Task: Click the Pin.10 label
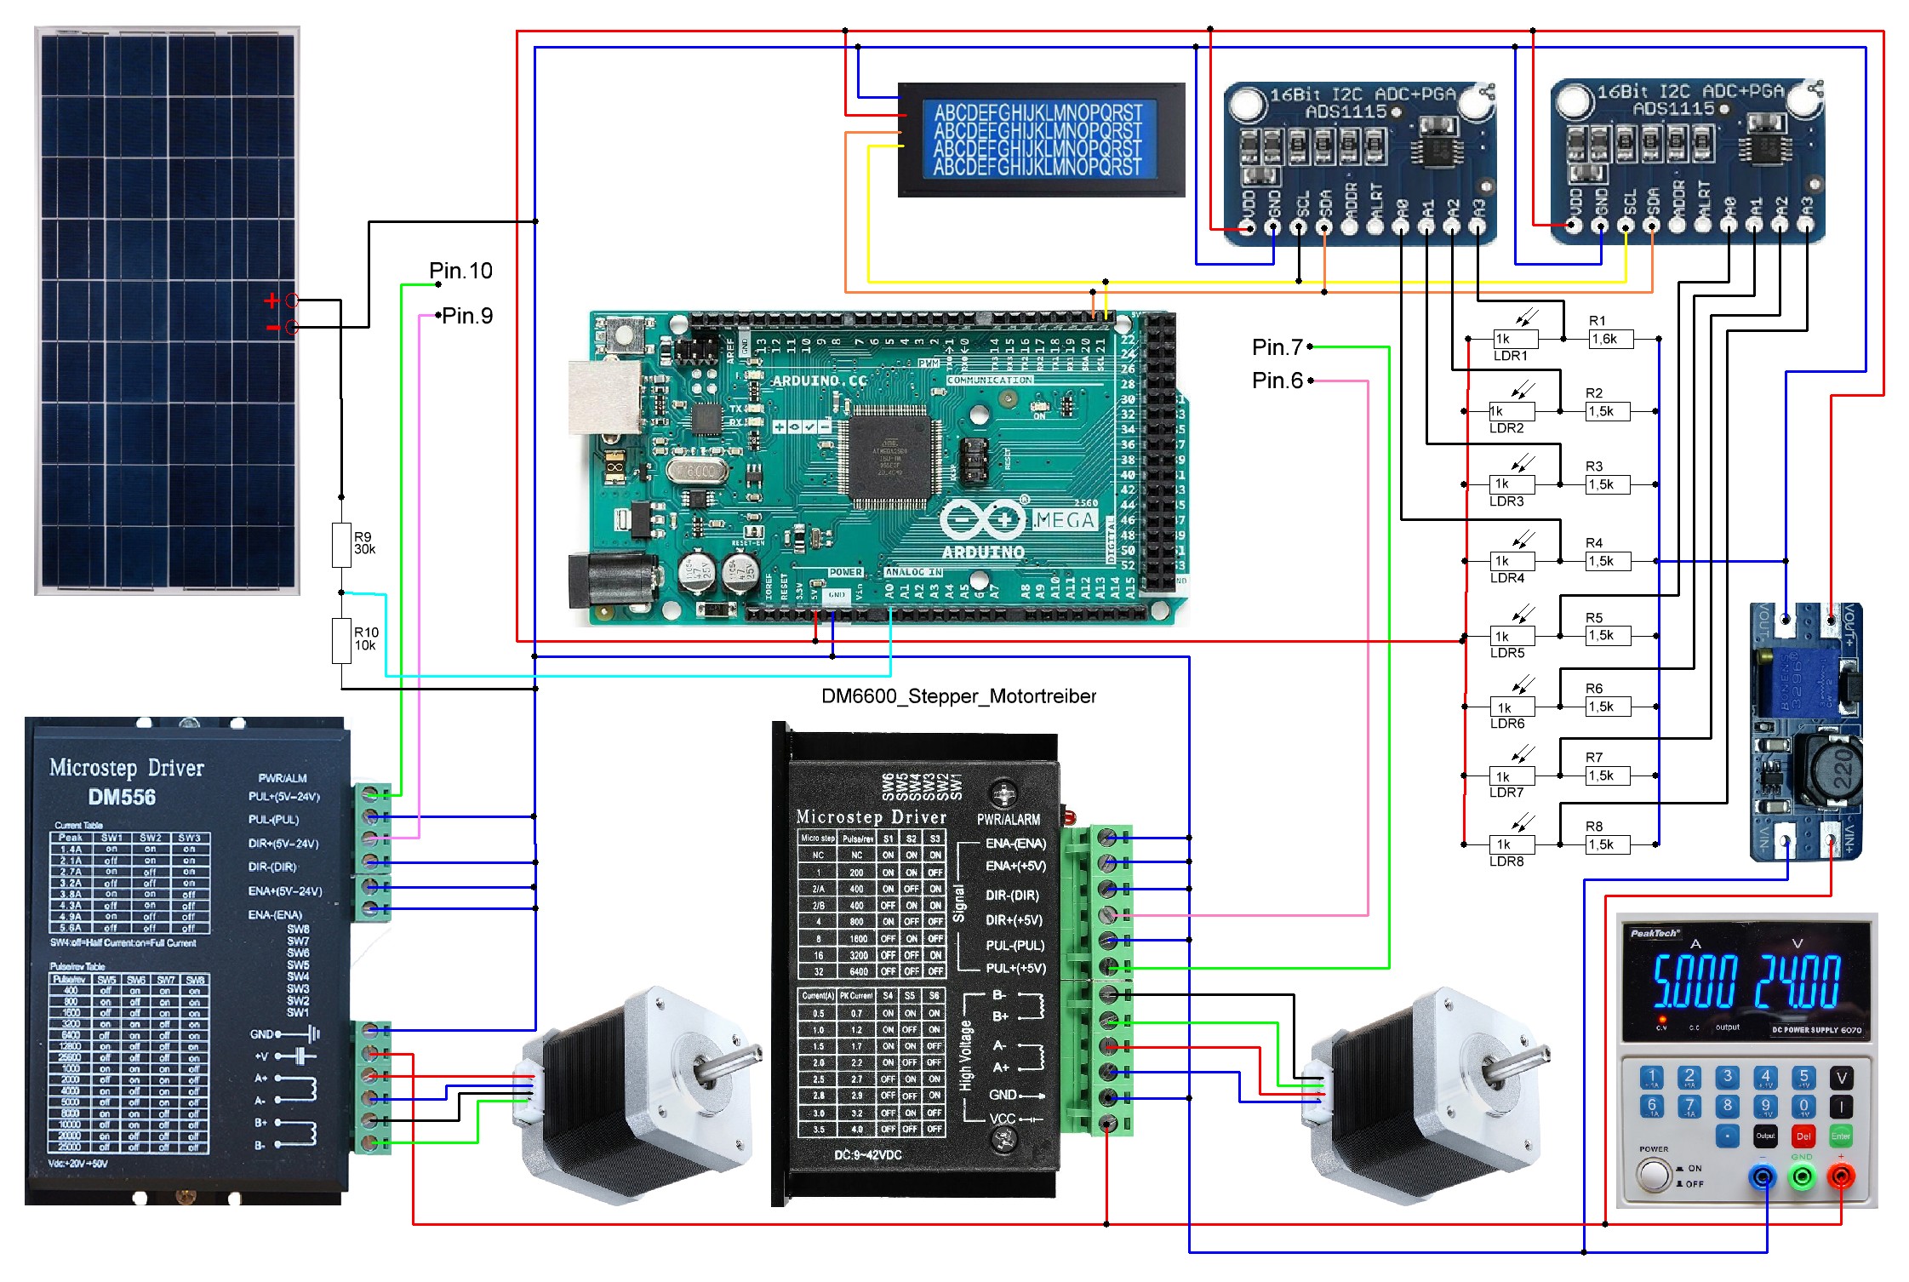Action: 460,271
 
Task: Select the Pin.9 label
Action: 467,316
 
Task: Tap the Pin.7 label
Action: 1277,347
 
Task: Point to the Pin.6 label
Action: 1277,381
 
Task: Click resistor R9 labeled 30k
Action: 341,545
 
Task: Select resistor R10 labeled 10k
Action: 342,641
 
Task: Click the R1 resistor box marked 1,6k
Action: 1610,339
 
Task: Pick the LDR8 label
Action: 1506,861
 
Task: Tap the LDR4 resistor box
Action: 1512,561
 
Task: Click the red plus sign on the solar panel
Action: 271,300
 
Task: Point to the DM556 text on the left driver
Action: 122,798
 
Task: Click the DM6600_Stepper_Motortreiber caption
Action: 958,696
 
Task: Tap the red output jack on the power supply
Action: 1840,1177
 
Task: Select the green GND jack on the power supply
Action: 1802,1177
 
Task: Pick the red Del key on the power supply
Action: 1803,1136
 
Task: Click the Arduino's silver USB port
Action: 603,397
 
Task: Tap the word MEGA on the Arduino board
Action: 1065,519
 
